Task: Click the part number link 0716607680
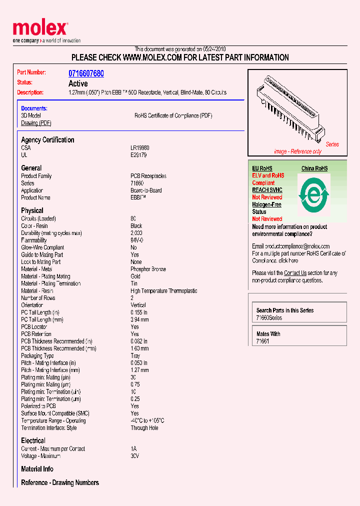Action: point(86,73)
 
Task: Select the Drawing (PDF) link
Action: point(36,123)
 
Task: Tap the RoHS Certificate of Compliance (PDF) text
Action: point(173,115)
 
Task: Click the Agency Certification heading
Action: point(47,140)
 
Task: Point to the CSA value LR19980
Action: point(140,148)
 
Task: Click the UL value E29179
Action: point(139,155)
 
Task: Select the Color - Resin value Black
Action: point(136,226)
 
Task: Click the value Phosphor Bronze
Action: point(148,269)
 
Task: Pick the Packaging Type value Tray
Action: point(135,356)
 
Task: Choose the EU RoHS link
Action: point(262,168)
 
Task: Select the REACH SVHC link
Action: point(267,190)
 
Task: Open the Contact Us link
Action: point(295,273)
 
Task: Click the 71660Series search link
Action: point(269,318)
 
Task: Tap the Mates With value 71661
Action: point(262,341)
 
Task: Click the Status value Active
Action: point(78,83)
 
